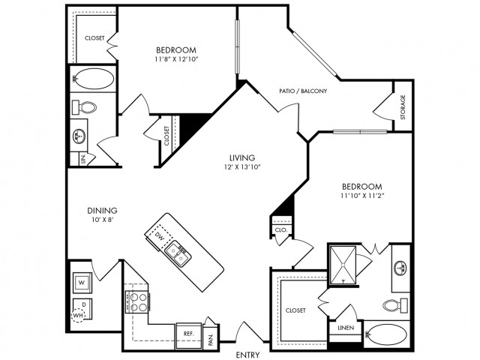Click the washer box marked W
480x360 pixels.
[80, 282]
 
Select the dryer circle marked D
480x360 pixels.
[82, 304]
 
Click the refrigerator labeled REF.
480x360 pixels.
[186, 331]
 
